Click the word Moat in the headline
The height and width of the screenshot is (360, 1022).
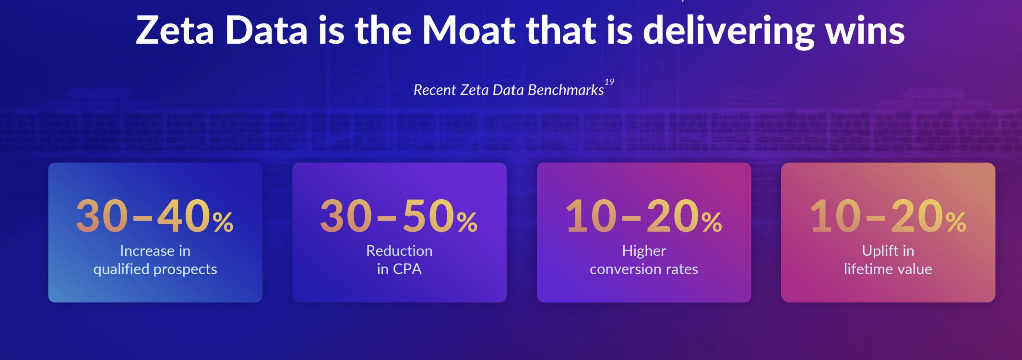pyautogui.click(x=469, y=30)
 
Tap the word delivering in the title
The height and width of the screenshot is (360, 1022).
pyautogui.click(x=728, y=31)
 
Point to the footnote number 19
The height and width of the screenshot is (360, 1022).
pyautogui.click(x=609, y=82)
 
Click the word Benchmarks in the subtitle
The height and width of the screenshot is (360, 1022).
pyautogui.click(x=566, y=90)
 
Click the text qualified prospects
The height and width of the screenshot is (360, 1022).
pyautogui.click(x=155, y=269)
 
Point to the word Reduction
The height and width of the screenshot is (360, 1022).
pyautogui.click(x=399, y=251)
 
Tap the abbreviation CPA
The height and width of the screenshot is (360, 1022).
pyautogui.click(x=407, y=269)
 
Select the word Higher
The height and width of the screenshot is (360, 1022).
pyautogui.click(x=644, y=251)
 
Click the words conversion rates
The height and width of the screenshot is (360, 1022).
pyautogui.click(x=644, y=269)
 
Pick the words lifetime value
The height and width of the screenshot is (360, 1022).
pyautogui.click(x=888, y=269)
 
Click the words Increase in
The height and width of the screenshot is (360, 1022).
pyautogui.click(x=155, y=251)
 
